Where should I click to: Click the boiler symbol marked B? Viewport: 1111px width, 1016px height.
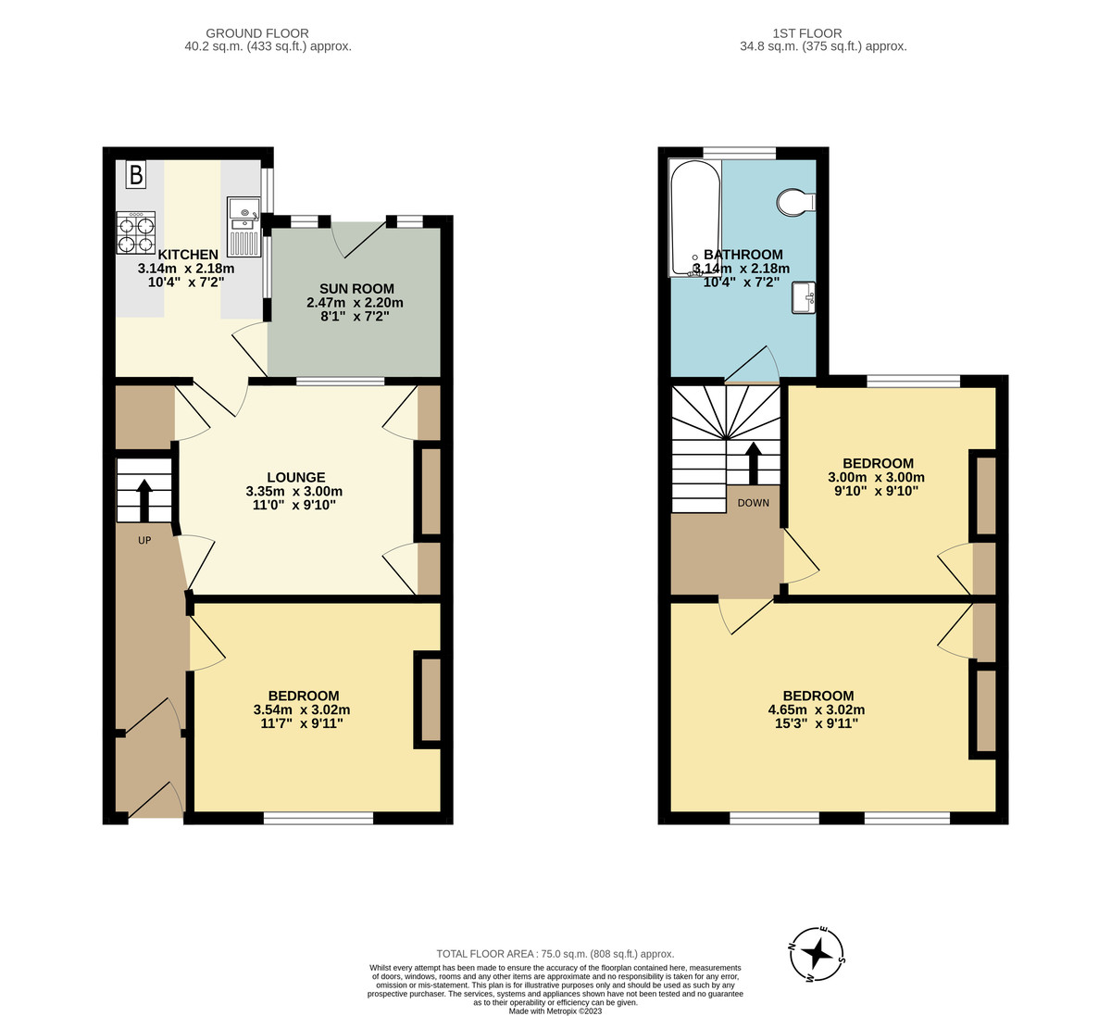136,174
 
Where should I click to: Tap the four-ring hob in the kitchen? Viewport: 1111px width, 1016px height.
135,232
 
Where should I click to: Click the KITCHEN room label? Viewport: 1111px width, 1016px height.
188,255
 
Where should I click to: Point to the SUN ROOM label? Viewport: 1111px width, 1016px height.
356,289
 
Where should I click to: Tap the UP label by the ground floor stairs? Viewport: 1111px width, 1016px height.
144,540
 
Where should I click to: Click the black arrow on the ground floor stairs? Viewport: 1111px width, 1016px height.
144,500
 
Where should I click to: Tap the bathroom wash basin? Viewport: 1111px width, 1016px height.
803,298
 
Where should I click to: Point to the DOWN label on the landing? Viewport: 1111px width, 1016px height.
753,503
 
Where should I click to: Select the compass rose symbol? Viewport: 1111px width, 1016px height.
816,953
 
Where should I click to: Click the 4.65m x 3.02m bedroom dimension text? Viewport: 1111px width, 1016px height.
818,710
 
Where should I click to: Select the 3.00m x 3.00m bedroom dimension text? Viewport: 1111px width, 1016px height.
876,478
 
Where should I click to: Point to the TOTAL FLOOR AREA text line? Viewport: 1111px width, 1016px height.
555,953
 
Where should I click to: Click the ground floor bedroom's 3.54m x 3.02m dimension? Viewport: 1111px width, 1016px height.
303,710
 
